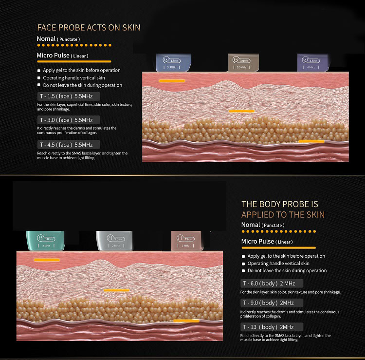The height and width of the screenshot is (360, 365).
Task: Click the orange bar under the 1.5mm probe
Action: coord(171,80)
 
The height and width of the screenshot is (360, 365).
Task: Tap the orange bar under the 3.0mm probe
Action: coord(241,111)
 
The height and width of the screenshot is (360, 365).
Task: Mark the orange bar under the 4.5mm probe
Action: coord(311,141)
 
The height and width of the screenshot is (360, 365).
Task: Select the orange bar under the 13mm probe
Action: coord(186,321)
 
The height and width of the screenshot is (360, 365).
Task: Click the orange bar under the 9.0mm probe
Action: coord(116,290)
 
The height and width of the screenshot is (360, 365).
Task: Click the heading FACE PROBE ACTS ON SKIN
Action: coord(89,28)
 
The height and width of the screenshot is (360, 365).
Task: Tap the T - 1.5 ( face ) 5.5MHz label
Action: coord(69,96)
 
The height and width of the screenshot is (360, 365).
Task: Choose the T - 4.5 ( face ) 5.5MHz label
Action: coord(69,145)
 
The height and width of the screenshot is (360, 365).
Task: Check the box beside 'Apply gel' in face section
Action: coord(39,70)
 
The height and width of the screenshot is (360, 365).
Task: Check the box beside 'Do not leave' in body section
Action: coord(243,270)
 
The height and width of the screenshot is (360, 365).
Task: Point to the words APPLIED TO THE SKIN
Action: coord(283,215)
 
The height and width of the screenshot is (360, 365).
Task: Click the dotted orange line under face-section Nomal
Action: coord(73,45)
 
